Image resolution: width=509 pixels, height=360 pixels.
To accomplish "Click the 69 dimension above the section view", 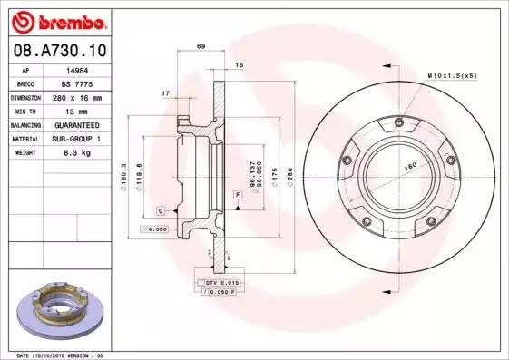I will pyautogui.click(x=201, y=46).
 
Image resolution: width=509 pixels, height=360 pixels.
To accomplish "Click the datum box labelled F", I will pyautogui.click(x=237, y=196).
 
